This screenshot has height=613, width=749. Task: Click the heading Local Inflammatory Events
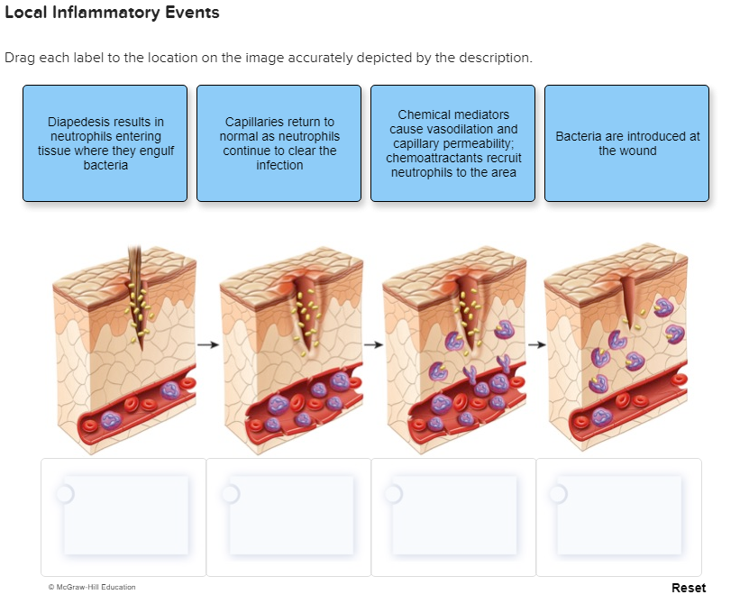point(112,14)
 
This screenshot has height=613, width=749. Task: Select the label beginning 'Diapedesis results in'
point(105,143)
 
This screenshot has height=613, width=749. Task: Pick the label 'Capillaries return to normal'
point(279,143)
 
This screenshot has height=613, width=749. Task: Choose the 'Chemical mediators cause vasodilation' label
point(452,143)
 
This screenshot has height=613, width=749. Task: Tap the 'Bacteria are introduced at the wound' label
point(626,143)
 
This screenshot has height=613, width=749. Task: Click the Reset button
point(689,588)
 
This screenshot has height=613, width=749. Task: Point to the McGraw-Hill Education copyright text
point(92,587)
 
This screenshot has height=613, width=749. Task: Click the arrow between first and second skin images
point(208,344)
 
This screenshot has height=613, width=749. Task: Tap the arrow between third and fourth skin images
point(536,344)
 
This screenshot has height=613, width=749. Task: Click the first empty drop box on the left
point(123,517)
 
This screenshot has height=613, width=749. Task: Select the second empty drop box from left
point(288,517)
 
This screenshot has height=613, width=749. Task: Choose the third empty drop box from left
point(453,517)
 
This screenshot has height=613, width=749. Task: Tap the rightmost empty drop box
point(618,517)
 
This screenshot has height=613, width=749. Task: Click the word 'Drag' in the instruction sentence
point(19,58)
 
